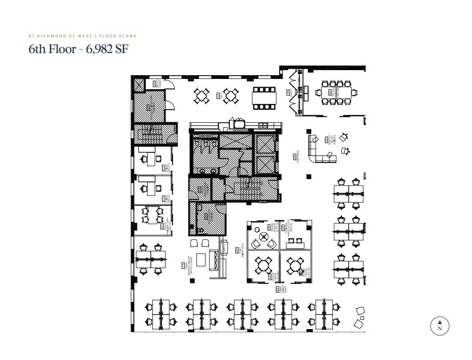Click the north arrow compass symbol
[x=440, y=325]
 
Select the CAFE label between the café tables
[x=221, y=96]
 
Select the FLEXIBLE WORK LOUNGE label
[x=330, y=139]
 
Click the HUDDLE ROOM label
[x=276, y=227]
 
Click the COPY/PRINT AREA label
[x=240, y=250]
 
